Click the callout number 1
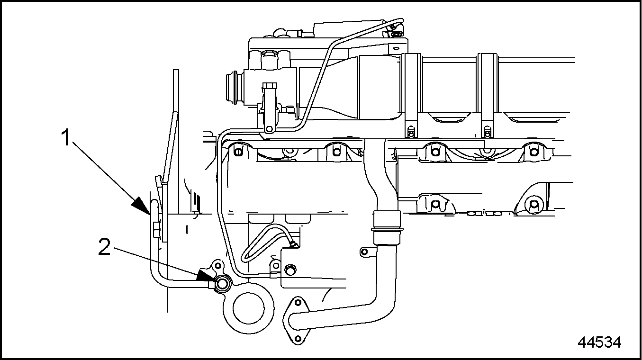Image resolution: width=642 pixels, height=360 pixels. pyautogui.click(x=66, y=137)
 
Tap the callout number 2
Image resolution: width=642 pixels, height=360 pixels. pyautogui.click(x=104, y=247)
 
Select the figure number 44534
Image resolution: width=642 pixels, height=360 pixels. pyautogui.click(x=599, y=342)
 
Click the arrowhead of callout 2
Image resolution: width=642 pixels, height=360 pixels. pyautogui.click(x=206, y=275)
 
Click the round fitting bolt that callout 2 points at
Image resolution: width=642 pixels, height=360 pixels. pyautogui.click(x=222, y=284)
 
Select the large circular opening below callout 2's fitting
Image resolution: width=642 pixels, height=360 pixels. pyautogui.click(x=248, y=308)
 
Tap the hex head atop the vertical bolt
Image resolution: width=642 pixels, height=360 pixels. pyautogui.click(x=270, y=86)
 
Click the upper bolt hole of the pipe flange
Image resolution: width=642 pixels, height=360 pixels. pyautogui.click(x=298, y=302)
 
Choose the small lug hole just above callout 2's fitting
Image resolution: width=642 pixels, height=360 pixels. pyautogui.click(x=218, y=265)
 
